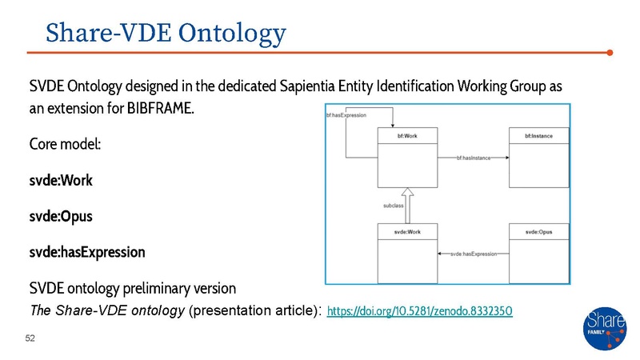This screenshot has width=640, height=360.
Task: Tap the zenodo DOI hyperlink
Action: coord(420,309)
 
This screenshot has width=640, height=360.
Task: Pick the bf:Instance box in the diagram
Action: coord(538,159)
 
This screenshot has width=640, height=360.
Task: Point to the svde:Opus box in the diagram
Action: coord(538,253)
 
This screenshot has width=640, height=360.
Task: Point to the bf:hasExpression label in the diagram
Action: coord(346,116)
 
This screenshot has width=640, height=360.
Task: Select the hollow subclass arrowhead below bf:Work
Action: coord(406,194)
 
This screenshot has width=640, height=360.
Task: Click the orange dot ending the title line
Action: coord(610,53)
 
